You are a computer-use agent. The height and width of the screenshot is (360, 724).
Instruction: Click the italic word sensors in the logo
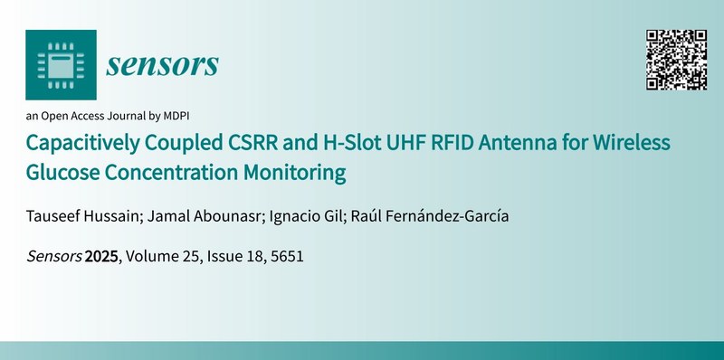(163, 64)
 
